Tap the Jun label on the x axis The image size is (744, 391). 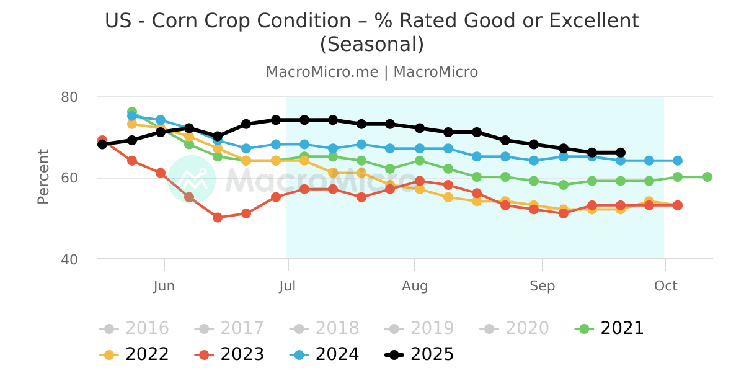pyautogui.click(x=164, y=286)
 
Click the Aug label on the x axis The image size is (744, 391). pyautogui.click(x=414, y=286)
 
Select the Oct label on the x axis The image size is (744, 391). pyautogui.click(x=665, y=286)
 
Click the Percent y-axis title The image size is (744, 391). pyautogui.click(x=43, y=177)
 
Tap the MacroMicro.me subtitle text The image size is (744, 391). pyautogui.click(x=322, y=72)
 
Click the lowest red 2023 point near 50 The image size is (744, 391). pyautogui.click(x=218, y=218)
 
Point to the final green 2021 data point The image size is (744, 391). pyautogui.click(x=707, y=177)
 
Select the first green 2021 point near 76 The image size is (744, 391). pyautogui.click(x=132, y=112)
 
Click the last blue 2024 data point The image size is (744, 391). pyautogui.click(x=678, y=161)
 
